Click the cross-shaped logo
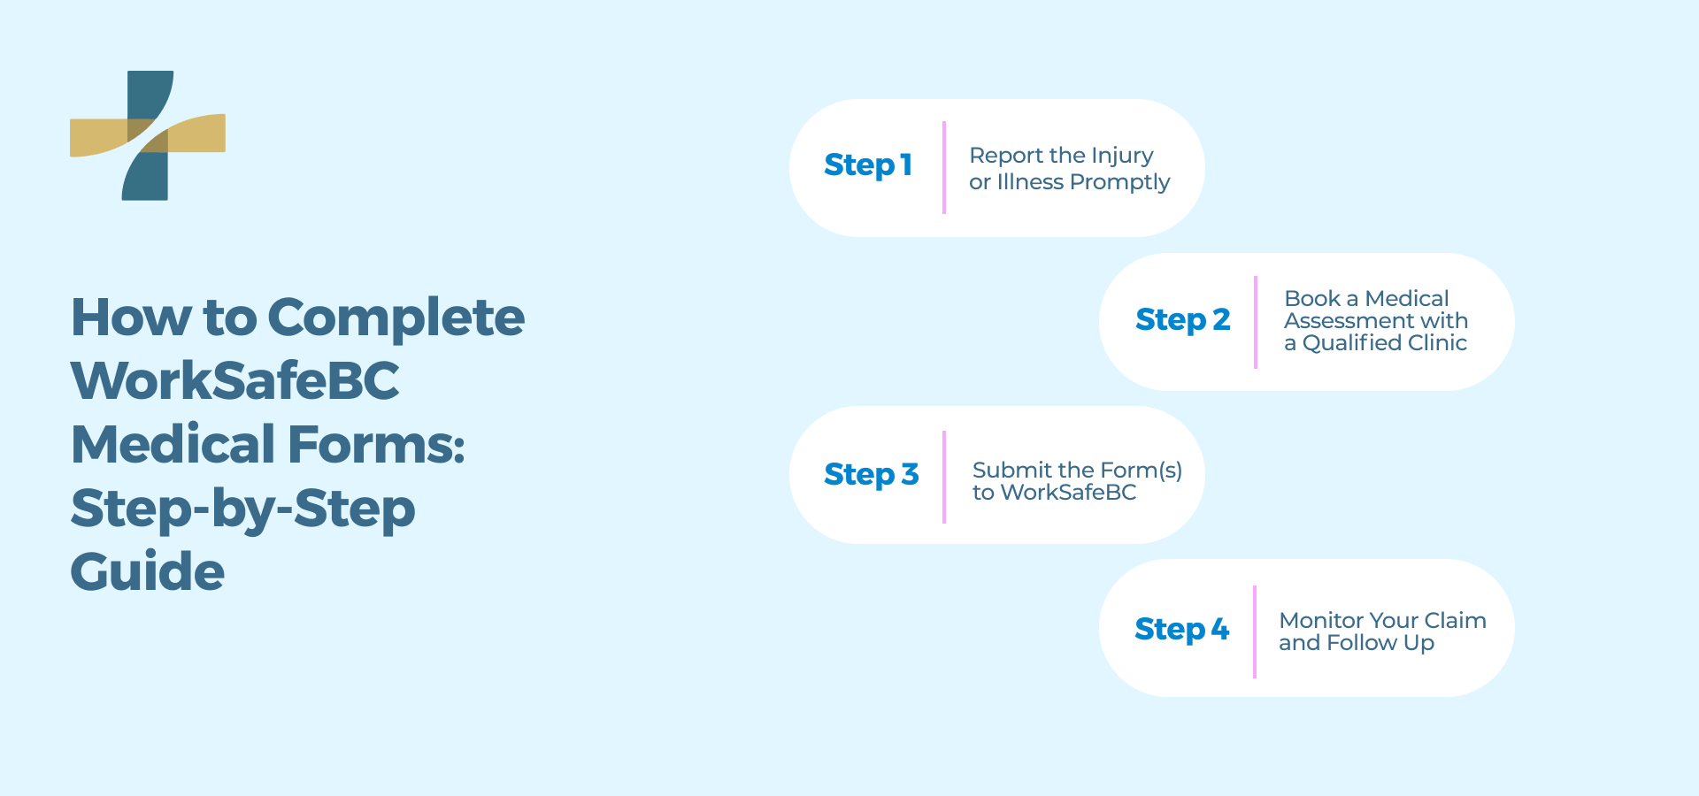(x=148, y=135)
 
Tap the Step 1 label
(x=867, y=165)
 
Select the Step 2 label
(x=1182, y=319)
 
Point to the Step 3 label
(x=871, y=475)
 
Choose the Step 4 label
(x=1181, y=630)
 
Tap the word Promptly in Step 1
(x=1119, y=182)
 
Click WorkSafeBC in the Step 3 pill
(x=1068, y=493)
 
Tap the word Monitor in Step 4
(x=1320, y=621)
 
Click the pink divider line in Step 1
(x=944, y=167)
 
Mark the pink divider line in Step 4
(x=1254, y=631)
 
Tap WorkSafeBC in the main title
(x=235, y=381)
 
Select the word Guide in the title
(x=147, y=571)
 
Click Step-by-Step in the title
(x=242, y=509)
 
